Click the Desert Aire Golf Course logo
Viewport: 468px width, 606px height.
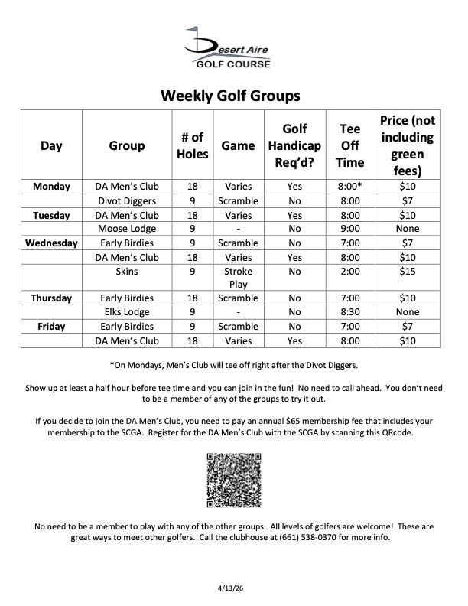coord(229,47)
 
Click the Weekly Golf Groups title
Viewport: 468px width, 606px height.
coord(229,96)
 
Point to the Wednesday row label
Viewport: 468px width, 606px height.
coord(51,243)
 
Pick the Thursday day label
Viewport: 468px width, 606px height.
coord(51,298)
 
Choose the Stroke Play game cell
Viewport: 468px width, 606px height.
coord(238,278)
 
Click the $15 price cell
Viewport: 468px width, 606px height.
coord(407,271)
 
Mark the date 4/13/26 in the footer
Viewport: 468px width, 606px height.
coord(233,588)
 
